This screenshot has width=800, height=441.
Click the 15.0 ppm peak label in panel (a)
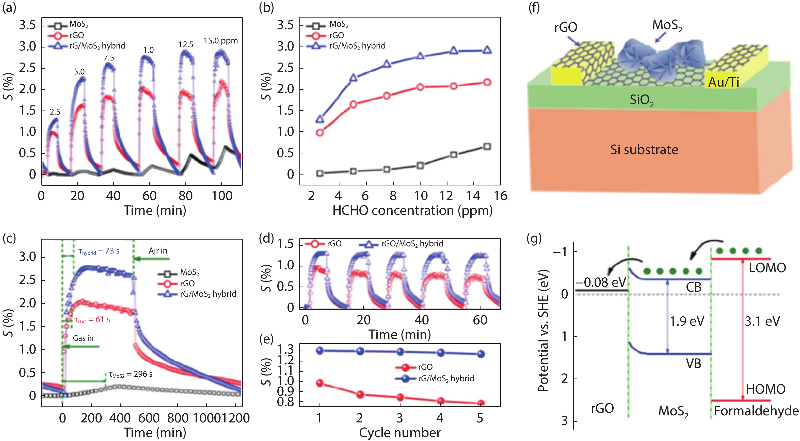220,41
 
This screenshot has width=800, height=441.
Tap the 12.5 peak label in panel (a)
186,45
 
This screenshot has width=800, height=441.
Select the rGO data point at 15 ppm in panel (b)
487,82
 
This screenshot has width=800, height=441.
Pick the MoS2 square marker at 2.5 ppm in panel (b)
319,173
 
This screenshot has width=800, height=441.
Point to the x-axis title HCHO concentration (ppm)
412,211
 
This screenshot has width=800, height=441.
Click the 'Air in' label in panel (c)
158,251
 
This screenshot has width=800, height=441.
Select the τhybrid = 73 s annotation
99,251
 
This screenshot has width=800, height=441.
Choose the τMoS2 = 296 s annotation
131,374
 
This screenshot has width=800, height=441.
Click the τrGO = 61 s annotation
92,320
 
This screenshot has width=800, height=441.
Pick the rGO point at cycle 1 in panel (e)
319,383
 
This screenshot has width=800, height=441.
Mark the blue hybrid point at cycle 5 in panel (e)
481,354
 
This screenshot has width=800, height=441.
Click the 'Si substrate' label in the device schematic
644,150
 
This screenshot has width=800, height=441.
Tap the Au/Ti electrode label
723,82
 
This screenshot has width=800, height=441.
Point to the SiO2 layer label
641,100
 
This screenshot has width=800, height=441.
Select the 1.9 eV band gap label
687,321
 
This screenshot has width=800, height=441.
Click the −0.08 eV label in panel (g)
601,282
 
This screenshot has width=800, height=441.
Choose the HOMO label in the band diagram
765,389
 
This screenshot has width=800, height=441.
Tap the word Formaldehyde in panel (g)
756,411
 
